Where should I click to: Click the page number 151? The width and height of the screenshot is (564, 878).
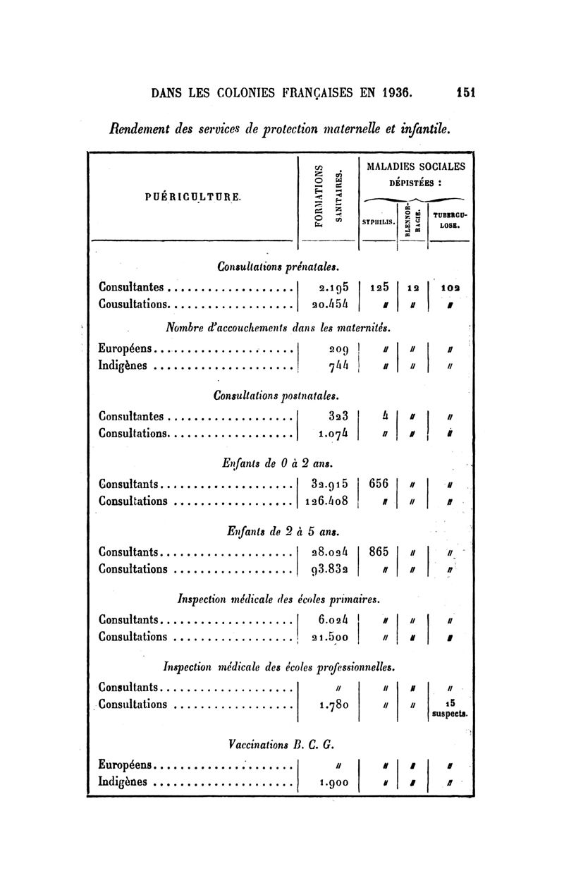(x=465, y=93)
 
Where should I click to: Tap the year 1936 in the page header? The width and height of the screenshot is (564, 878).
(x=397, y=93)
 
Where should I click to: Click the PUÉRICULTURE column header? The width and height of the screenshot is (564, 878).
(x=193, y=197)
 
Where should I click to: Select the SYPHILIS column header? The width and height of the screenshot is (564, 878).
(x=378, y=222)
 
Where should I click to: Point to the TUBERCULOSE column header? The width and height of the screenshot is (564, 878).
(x=450, y=220)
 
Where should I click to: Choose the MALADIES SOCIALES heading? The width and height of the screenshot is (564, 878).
(x=416, y=166)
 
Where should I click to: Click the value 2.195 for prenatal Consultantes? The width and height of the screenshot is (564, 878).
(x=333, y=287)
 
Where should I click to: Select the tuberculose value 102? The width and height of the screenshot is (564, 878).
(x=450, y=288)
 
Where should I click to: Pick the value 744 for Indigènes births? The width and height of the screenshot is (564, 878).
(x=338, y=366)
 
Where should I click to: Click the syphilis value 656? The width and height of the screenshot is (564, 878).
(x=378, y=484)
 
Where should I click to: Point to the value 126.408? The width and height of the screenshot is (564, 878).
(x=326, y=501)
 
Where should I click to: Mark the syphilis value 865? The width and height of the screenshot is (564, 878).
(x=378, y=551)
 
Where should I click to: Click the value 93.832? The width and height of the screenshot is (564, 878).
(x=330, y=569)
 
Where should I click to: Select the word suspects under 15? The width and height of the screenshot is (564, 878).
(x=450, y=714)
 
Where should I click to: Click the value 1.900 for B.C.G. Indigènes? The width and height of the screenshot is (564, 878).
(x=333, y=783)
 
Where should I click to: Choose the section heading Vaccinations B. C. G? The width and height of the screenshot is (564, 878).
(x=281, y=745)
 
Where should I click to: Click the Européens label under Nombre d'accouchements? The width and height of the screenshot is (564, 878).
(x=125, y=348)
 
